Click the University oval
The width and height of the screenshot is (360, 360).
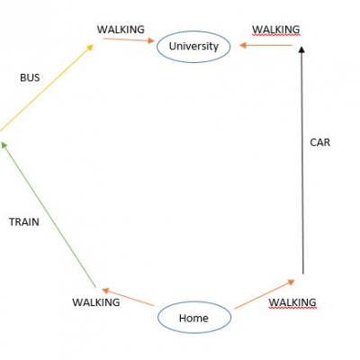coord(157,48)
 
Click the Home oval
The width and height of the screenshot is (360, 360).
coord(158,318)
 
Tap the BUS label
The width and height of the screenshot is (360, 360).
coord(30,78)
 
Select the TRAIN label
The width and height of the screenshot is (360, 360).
coord(24,222)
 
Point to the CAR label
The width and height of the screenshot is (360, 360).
coord(319,142)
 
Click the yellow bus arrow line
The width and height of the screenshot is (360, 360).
coord(47,87)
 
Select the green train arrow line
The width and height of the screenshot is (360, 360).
coord(49,214)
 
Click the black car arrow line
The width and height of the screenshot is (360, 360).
coord(302,160)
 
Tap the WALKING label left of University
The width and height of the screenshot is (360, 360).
coord(121,30)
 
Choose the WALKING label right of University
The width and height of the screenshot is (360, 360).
coord(275,30)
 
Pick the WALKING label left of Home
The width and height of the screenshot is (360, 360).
coord(96,302)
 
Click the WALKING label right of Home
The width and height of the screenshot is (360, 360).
coord(292,302)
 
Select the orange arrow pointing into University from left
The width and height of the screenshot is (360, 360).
coord(129,40)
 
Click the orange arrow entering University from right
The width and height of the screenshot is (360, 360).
coord(265,45)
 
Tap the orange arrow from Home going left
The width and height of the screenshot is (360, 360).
coord(128,297)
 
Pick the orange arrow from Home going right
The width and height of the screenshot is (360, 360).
coord(265,294)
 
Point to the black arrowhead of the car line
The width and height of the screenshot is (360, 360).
coord(302,49)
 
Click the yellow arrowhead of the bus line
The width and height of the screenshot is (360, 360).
coord(90,48)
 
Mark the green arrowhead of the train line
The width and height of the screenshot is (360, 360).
coord(4,145)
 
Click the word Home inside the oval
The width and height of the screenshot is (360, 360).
coord(193,318)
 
